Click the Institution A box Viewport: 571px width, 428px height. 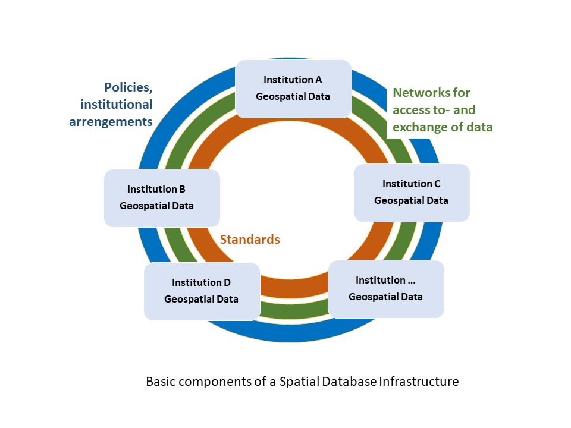(293, 88)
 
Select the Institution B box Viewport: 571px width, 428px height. (162, 198)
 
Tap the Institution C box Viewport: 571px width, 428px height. (412, 193)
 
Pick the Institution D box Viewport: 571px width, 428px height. (202, 291)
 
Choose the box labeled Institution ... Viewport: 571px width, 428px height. (386, 289)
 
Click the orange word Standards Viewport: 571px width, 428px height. (250, 240)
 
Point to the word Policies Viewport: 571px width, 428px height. (129, 88)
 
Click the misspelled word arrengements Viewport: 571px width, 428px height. (111, 122)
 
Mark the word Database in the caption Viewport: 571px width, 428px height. (351, 382)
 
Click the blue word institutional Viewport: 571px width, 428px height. (117, 105)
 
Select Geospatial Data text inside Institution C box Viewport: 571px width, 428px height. (412, 201)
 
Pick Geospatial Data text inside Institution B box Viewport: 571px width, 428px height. (157, 206)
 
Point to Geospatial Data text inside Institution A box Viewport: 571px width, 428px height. (293, 96)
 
